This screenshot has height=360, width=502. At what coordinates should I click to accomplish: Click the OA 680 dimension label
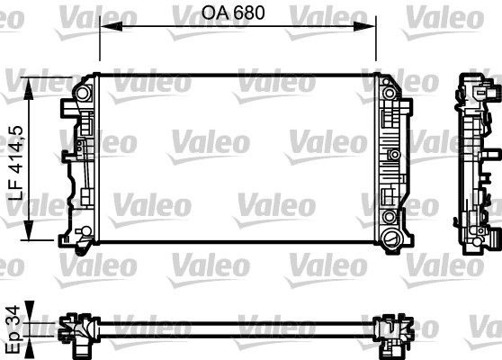(x=237, y=14)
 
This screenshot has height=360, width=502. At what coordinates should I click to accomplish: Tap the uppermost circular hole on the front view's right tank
(x=390, y=91)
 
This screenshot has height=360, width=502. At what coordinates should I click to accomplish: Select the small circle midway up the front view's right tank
(x=392, y=154)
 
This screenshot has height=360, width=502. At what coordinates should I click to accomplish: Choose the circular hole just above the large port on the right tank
(x=389, y=219)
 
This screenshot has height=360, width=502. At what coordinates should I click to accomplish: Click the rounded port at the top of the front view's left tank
(x=83, y=93)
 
